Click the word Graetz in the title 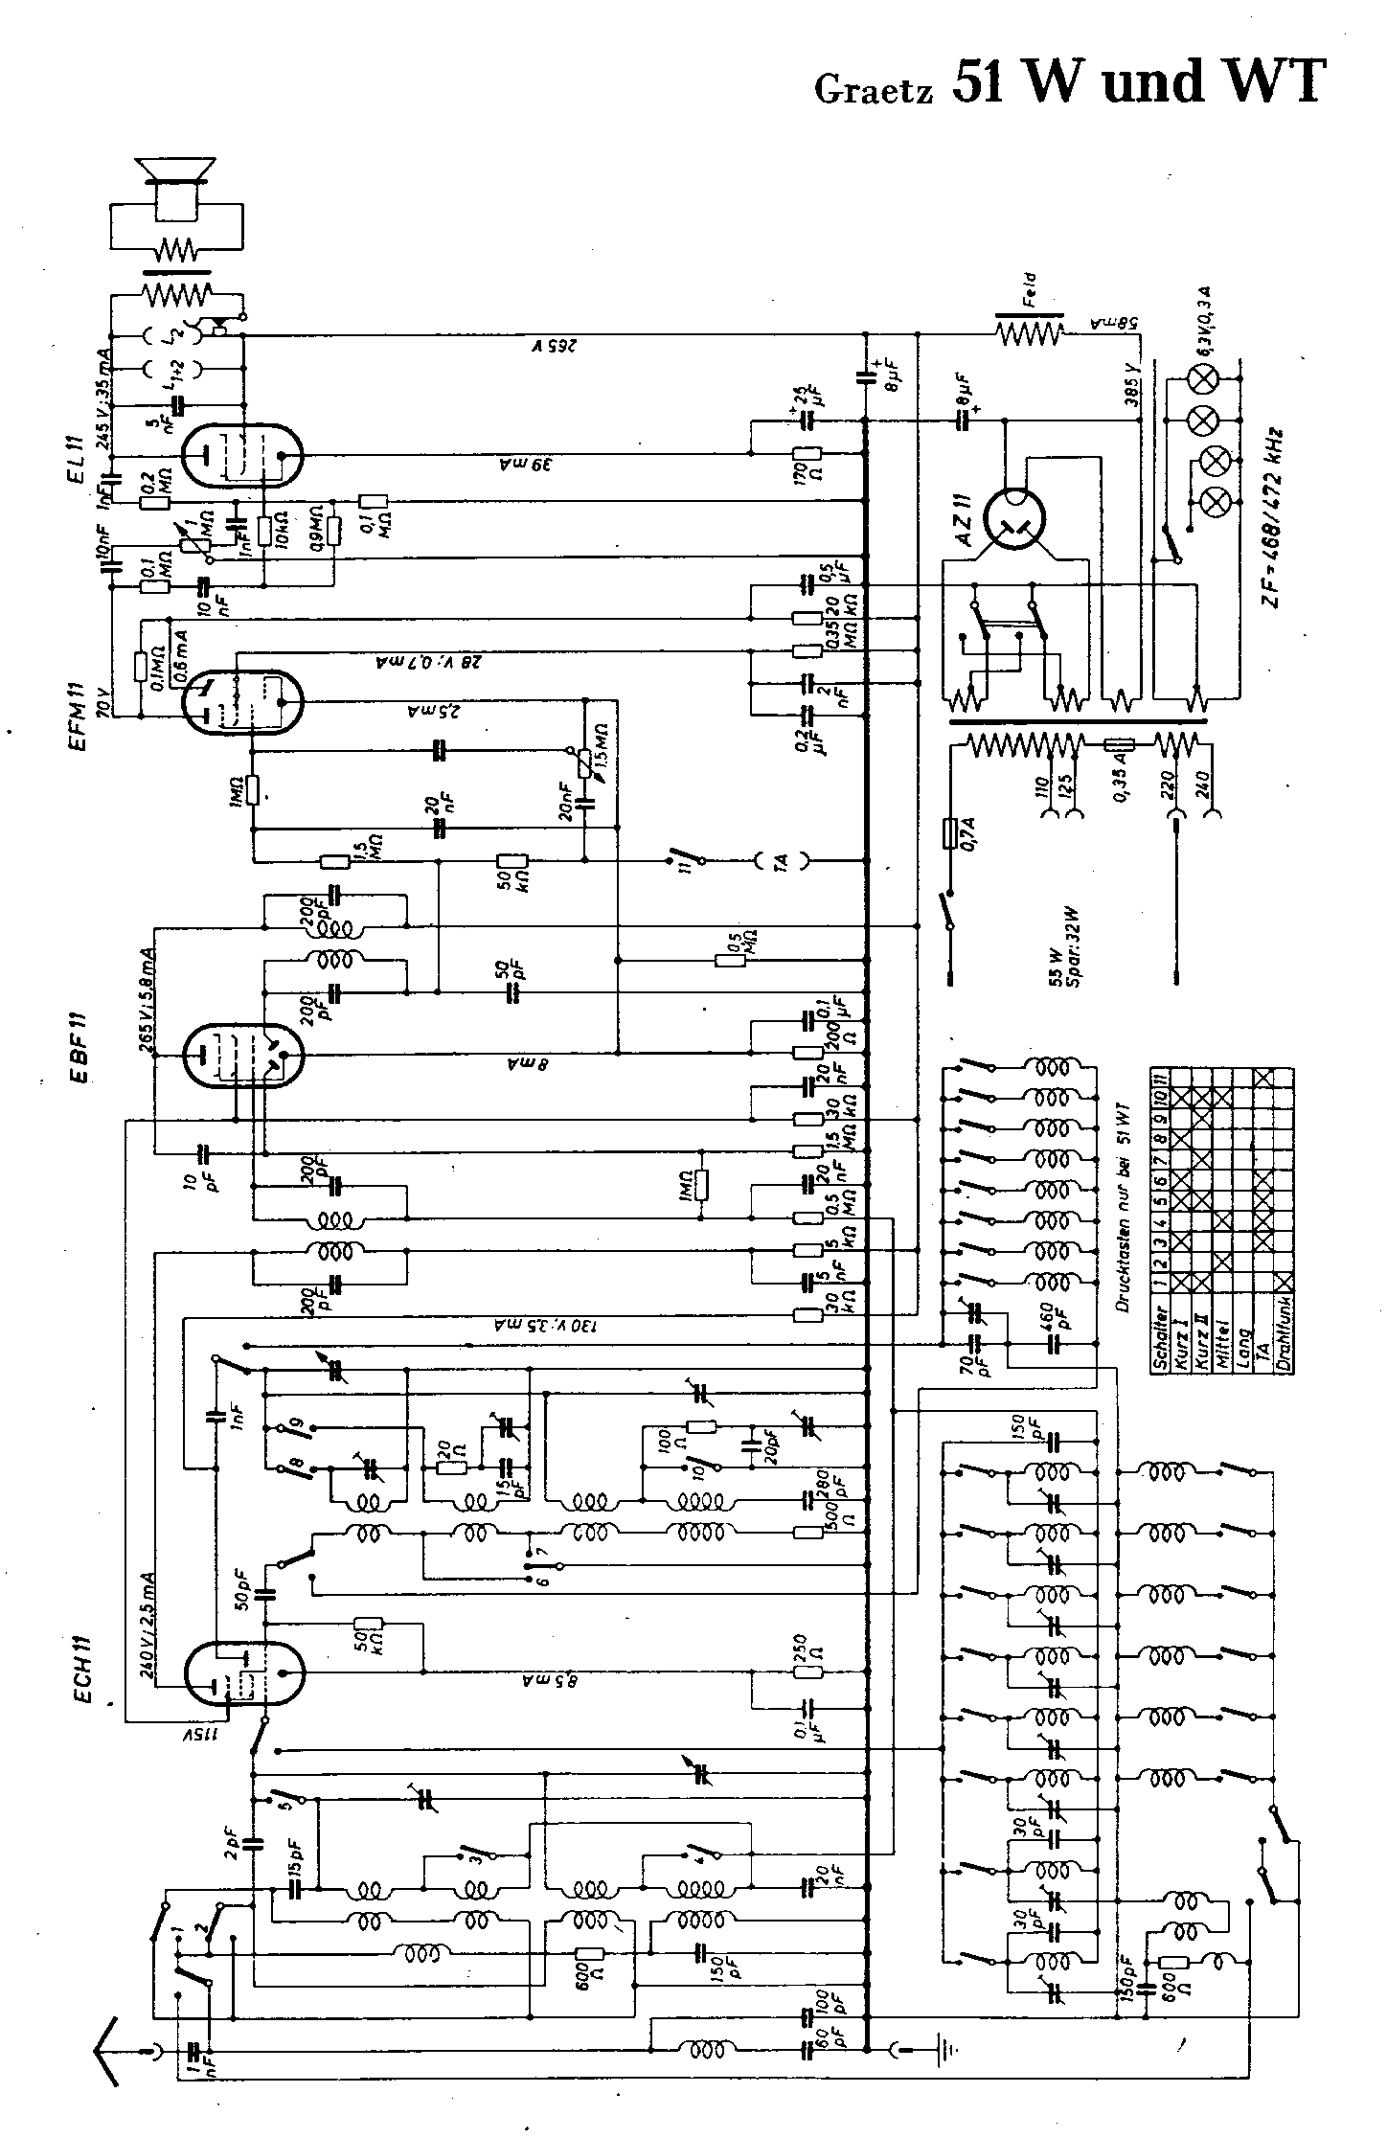pyautogui.click(x=872, y=88)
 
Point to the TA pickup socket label pyautogui.click(x=780, y=861)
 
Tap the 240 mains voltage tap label pyautogui.click(x=1203, y=789)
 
